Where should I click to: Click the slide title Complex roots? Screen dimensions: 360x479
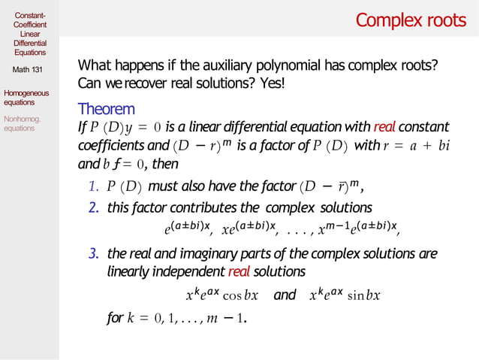tap(411, 20)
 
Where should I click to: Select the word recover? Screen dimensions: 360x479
tap(163, 82)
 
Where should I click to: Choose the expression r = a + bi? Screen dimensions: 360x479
tap(416, 145)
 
